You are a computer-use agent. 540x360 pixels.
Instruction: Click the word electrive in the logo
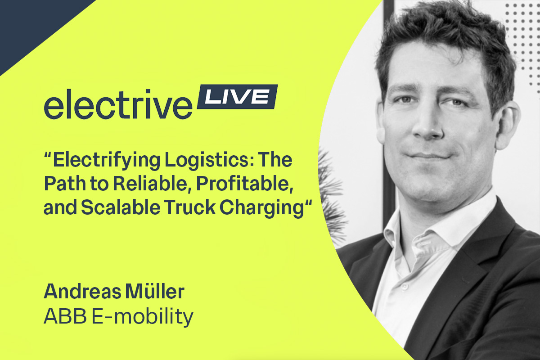tap(118, 104)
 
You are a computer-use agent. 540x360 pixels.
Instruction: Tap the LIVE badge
tap(238, 96)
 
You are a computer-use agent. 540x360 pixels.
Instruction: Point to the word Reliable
tap(151, 184)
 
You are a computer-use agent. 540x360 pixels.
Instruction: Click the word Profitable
tap(245, 184)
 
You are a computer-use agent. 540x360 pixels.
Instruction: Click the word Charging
tap(262, 208)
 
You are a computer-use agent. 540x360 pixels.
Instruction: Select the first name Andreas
tap(82, 291)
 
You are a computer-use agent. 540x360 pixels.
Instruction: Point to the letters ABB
tap(65, 316)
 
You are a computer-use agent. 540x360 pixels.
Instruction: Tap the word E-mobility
tap(143, 317)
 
